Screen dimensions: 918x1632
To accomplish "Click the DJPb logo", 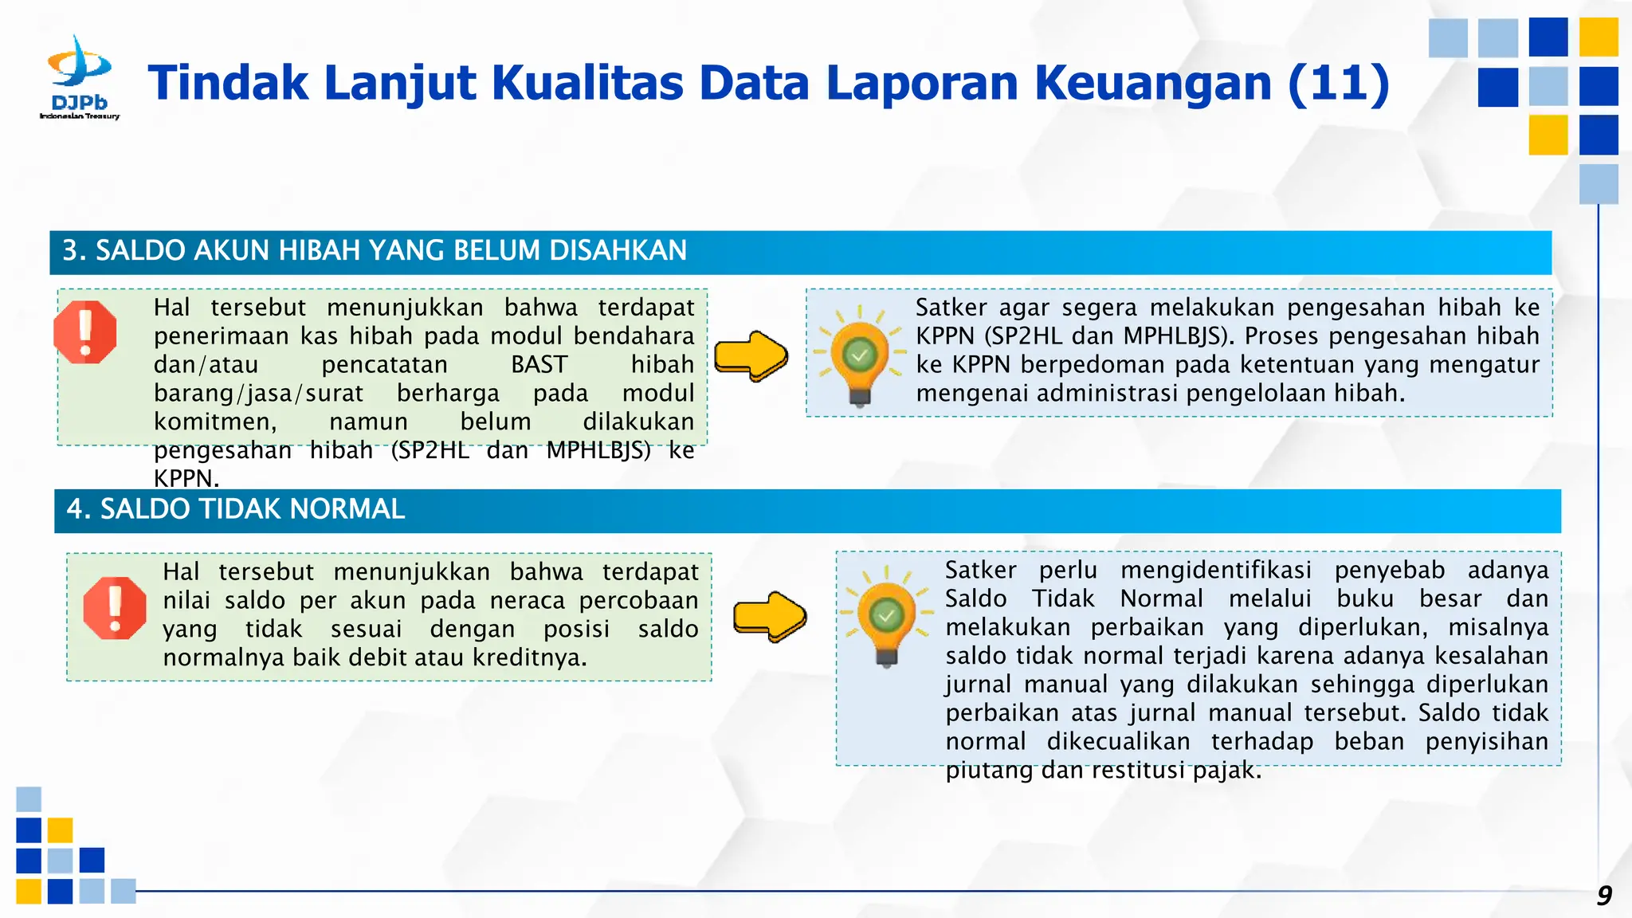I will click(x=79, y=78).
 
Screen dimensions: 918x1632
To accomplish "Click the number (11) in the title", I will click(x=1339, y=83).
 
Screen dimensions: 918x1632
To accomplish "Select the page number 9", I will click(x=1604, y=896).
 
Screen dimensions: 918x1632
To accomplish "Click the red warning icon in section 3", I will click(x=85, y=332).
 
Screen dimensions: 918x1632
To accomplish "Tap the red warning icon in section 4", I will click(x=115, y=608).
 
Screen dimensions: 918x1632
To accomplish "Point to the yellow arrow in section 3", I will click(x=751, y=355).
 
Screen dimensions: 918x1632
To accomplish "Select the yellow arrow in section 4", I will click(x=770, y=616).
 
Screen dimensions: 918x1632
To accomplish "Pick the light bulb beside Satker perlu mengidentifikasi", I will click(x=886, y=616).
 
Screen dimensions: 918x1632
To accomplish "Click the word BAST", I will click(x=539, y=365).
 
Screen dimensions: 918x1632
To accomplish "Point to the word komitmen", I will click(x=215, y=422).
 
